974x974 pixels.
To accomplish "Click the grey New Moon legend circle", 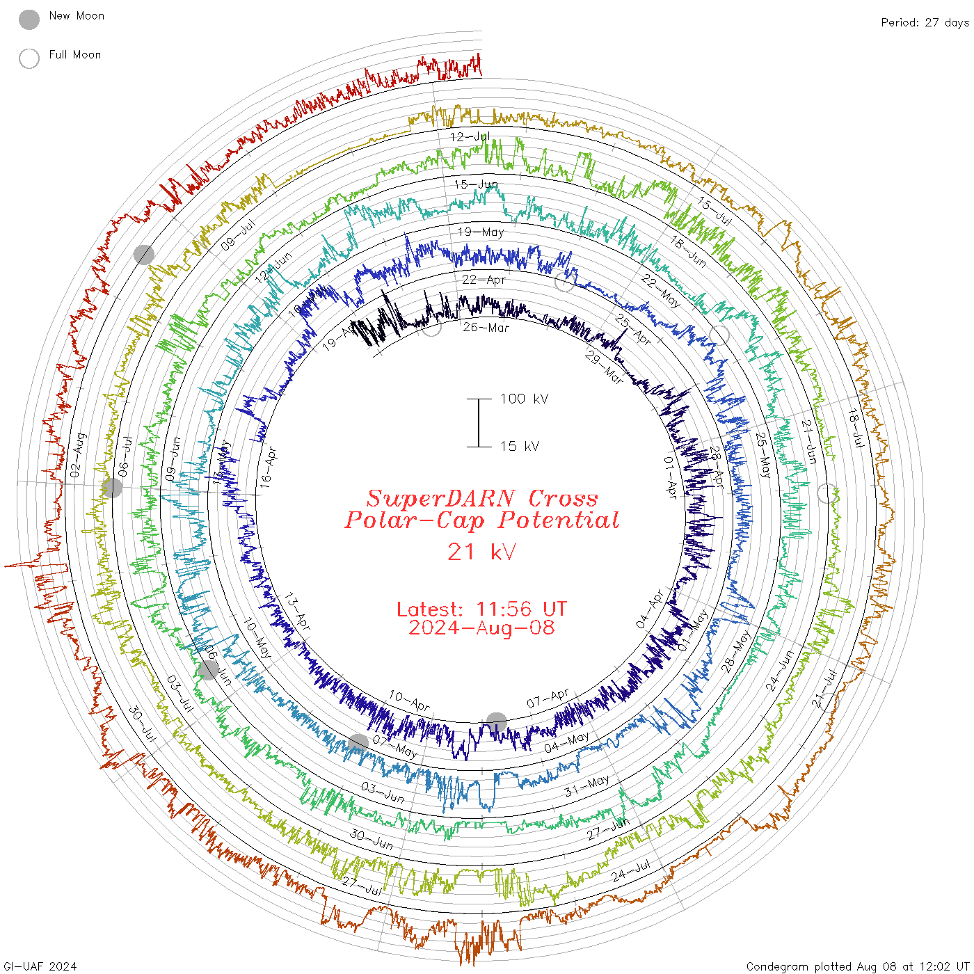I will click(x=29, y=19).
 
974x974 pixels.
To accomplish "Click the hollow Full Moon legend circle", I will click(x=29, y=58).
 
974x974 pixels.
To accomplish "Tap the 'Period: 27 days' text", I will click(x=925, y=22).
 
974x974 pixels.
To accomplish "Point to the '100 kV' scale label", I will click(x=524, y=399).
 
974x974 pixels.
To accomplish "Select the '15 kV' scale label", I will click(x=519, y=446).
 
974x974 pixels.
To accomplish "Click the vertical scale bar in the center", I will click(x=479, y=422).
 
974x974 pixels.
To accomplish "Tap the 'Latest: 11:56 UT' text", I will click(x=481, y=609).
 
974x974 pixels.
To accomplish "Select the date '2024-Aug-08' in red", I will click(x=481, y=628).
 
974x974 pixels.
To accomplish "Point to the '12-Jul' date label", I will click(x=470, y=136).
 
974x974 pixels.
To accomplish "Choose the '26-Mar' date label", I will click(x=486, y=327).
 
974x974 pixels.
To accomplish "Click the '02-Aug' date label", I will click(x=79, y=455).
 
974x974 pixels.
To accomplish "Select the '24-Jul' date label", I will click(x=631, y=870).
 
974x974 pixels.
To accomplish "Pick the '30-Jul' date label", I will click(x=143, y=723).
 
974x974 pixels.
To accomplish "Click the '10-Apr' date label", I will click(x=409, y=701).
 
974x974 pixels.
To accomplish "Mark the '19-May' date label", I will click(x=480, y=232).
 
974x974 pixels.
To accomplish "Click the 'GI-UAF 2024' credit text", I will click(x=40, y=966).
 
